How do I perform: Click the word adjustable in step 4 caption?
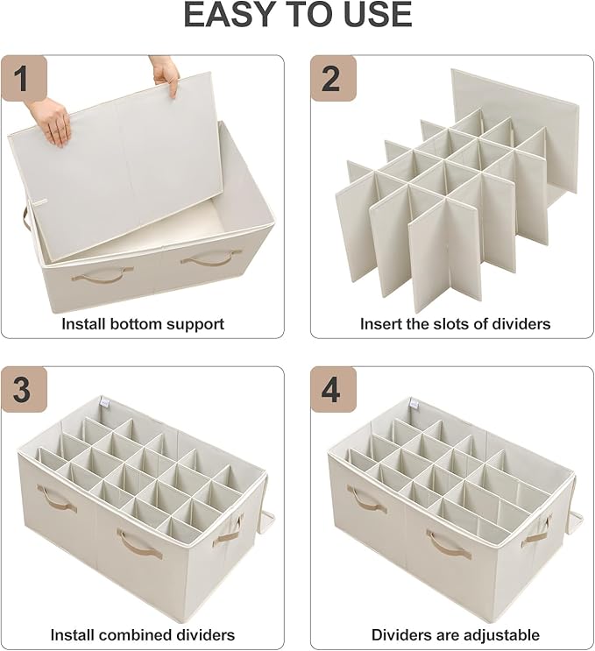[499, 634]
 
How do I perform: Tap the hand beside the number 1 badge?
[51, 119]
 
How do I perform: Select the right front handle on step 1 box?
[211, 258]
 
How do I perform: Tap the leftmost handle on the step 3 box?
[55, 498]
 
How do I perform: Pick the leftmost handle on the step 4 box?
[366, 498]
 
